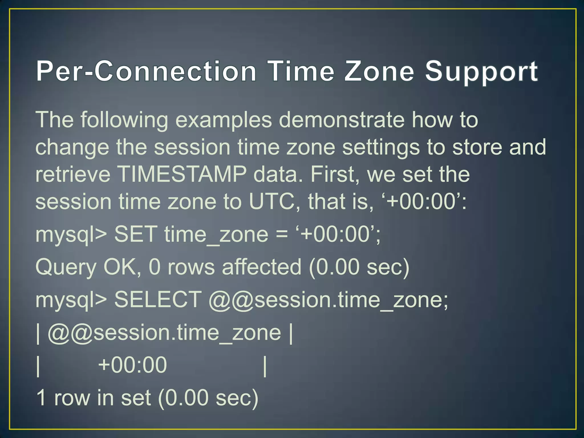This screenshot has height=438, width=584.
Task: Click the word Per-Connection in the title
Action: click(146, 71)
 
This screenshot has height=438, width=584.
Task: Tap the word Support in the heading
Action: click(481, 72)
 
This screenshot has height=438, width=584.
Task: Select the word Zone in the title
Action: click(379, 71)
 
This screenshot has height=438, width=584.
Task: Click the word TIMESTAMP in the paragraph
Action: click(182, 174)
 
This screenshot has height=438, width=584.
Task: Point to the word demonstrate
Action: click(342, 120)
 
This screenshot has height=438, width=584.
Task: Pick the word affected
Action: click(261, 267)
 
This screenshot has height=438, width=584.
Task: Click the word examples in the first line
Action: click(224, 120)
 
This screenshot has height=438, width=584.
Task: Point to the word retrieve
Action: click(73, 174)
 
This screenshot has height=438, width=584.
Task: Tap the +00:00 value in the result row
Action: click(132, 365)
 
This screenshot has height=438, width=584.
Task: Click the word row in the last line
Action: click(72, 398)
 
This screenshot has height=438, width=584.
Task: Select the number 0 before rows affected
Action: click(155, 267)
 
